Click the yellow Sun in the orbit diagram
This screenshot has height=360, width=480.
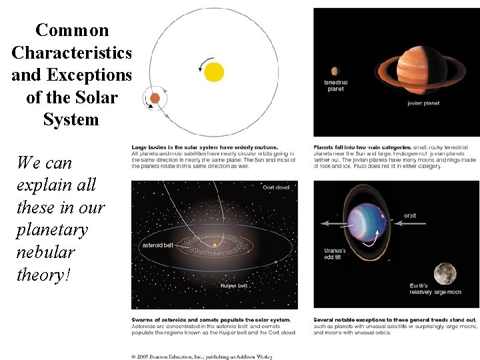click(214, 71)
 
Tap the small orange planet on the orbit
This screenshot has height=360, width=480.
click(155, 99)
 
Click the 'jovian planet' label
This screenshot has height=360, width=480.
click(423, 103)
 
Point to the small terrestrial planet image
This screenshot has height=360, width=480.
click(335, 71)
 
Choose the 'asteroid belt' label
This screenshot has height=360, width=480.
click(157, 245)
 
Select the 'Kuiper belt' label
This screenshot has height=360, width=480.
click(234, 285)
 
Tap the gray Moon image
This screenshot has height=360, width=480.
click(444, 274)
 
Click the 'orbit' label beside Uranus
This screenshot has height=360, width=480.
click(411, 215)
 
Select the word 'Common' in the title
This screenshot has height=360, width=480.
click(72, 30)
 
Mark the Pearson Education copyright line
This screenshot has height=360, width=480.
click(202, 355)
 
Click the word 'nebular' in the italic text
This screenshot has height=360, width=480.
click(45, 252)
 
